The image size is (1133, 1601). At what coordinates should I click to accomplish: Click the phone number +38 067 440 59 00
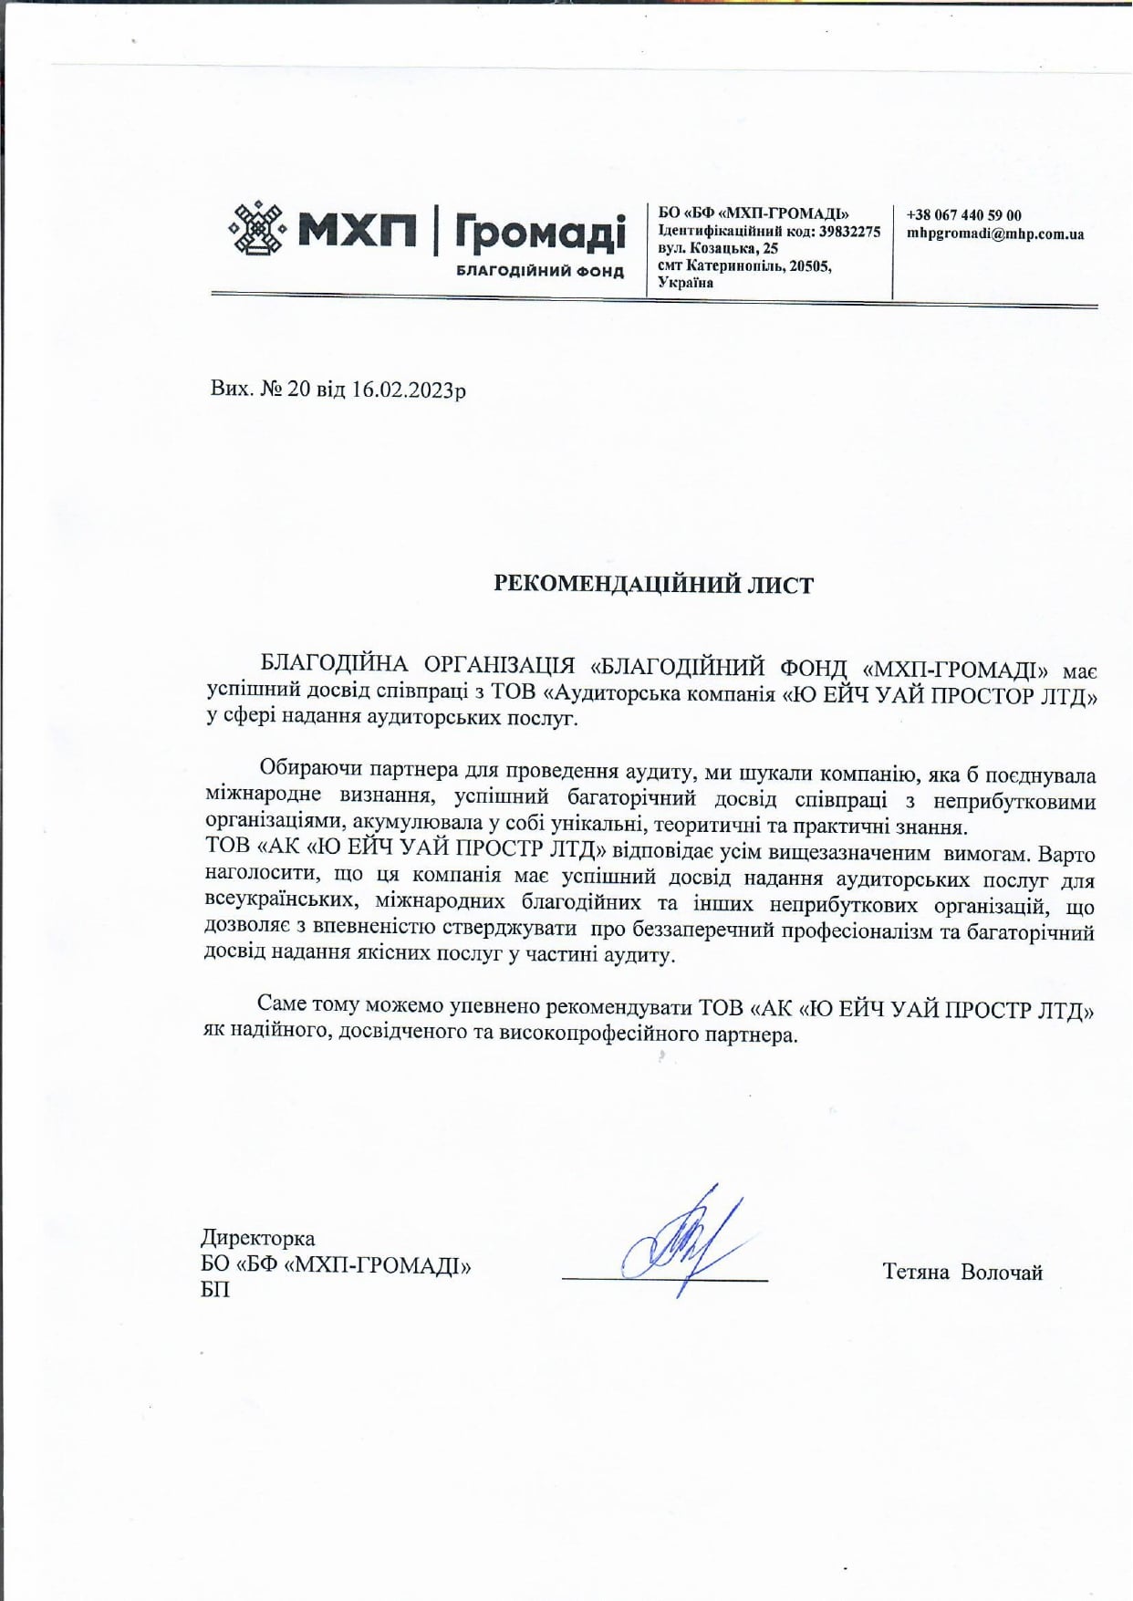pos(963,215)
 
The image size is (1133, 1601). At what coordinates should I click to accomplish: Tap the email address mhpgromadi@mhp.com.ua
pos(995,234)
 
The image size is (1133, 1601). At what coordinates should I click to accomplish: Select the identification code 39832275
pos(849,232)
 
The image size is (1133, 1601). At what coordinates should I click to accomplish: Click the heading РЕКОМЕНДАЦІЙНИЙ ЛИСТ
pos(653,585)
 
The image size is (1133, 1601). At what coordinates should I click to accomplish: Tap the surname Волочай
pos(1002,1272)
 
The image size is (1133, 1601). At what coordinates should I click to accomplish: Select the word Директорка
pos(257,1238)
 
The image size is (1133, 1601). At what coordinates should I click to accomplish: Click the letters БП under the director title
pos(215,1290)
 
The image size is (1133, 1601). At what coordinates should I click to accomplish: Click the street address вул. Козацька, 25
pos(718,248)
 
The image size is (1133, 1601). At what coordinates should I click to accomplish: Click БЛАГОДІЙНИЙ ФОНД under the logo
pos(540,272)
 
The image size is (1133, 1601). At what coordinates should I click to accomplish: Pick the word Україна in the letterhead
pos(685,283)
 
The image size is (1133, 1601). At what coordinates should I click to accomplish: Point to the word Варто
pos(1066,854)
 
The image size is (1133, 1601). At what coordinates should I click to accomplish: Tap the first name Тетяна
pos(916,1272)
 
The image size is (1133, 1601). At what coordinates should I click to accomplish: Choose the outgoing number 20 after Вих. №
pos(298,390)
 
